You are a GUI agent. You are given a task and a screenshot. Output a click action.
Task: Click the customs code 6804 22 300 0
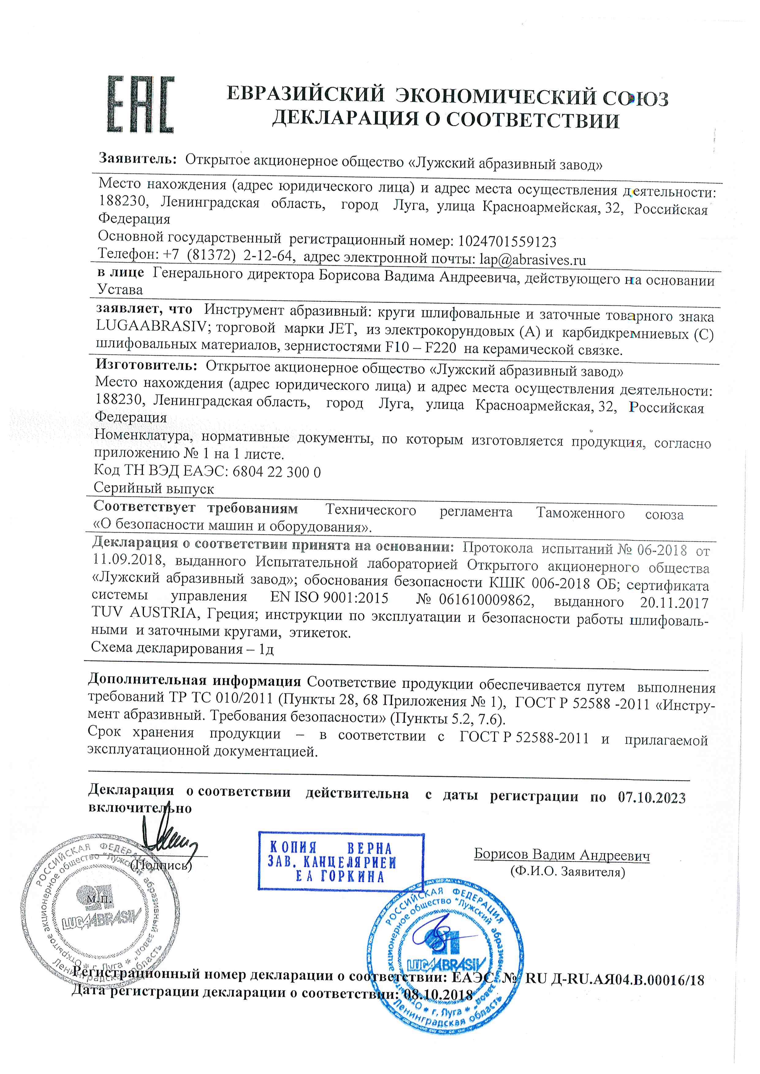[x=276, y=472]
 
